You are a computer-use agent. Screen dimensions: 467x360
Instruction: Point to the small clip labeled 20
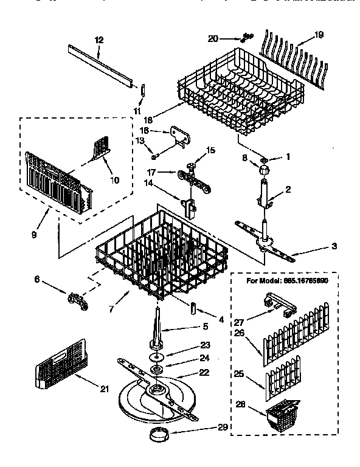246,36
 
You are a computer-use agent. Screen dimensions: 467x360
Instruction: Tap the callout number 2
288,189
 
